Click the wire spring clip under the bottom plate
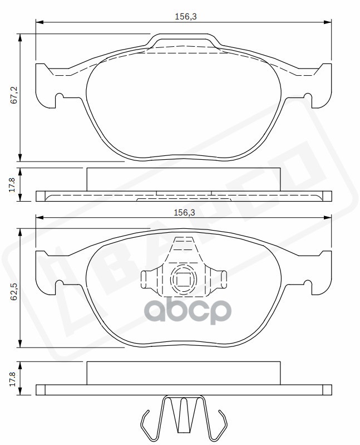coord(184,417)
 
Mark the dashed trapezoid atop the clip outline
coord(184,248)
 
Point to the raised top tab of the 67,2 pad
coord(183,41)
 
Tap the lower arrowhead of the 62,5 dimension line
coord(21,345)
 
